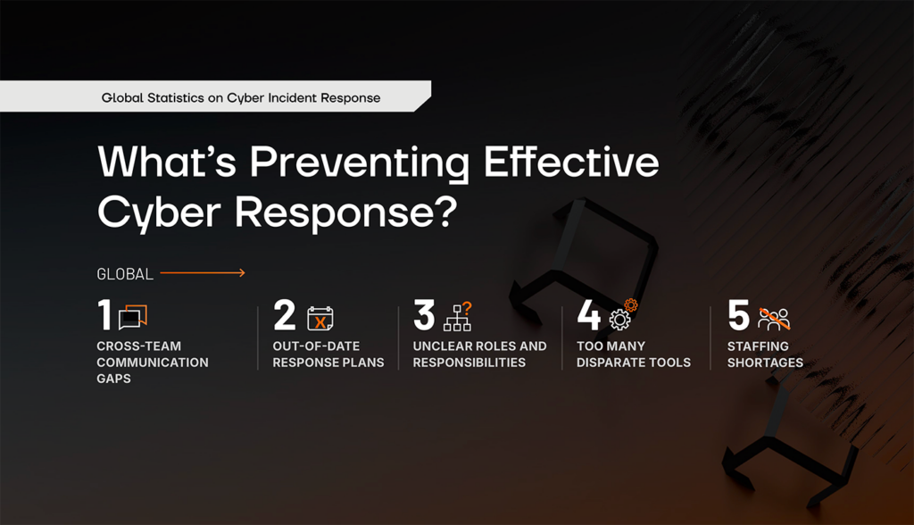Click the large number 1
105,314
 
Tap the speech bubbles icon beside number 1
133,317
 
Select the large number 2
285,315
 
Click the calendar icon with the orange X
320,319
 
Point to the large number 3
424,315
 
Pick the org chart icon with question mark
458,317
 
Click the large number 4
589,315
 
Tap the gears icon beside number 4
623,315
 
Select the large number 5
738,315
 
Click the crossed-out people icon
774,319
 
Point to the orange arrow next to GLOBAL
203,272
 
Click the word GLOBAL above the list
125,274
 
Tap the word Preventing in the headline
360,162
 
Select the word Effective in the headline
571,161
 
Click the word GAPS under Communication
113,379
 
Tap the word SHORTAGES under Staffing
765,362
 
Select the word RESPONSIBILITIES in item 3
469,362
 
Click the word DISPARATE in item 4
605,362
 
